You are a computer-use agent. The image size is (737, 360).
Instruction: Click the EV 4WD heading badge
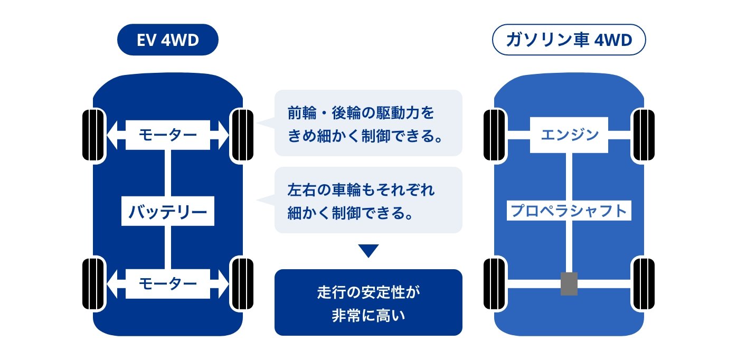(x=168, y=40)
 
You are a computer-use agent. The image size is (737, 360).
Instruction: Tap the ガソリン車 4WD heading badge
(x=569, y=40)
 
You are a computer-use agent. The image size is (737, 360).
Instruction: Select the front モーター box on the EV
(x=168, y=135)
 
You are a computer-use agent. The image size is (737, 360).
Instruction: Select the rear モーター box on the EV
(x=168, y=283)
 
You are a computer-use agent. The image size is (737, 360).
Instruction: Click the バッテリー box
(x=168, y=211)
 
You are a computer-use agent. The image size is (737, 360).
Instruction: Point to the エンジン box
(x=569, y=135)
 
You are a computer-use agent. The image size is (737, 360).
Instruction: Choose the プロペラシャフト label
(x=569, y=211)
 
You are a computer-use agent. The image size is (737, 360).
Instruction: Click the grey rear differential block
(x=569, y=283)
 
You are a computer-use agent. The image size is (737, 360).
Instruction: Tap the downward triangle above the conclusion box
(x=368, y=250)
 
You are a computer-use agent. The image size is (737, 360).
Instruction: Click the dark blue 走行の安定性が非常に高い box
(x=368, y=302)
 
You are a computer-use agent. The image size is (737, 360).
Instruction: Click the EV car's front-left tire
(x=93, y=135)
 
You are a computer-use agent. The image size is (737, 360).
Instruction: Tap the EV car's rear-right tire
(x=242, y=283)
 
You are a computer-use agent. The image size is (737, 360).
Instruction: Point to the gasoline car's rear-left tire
(x=495, y=283)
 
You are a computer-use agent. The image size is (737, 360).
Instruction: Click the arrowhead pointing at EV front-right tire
(x=223, y=135)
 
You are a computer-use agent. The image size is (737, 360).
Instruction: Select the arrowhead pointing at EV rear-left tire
(x=112, y=283)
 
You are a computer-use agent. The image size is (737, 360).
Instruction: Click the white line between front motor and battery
(x=168, y=173)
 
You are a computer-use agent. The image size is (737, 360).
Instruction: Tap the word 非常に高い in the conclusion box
(x=368, y=316)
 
